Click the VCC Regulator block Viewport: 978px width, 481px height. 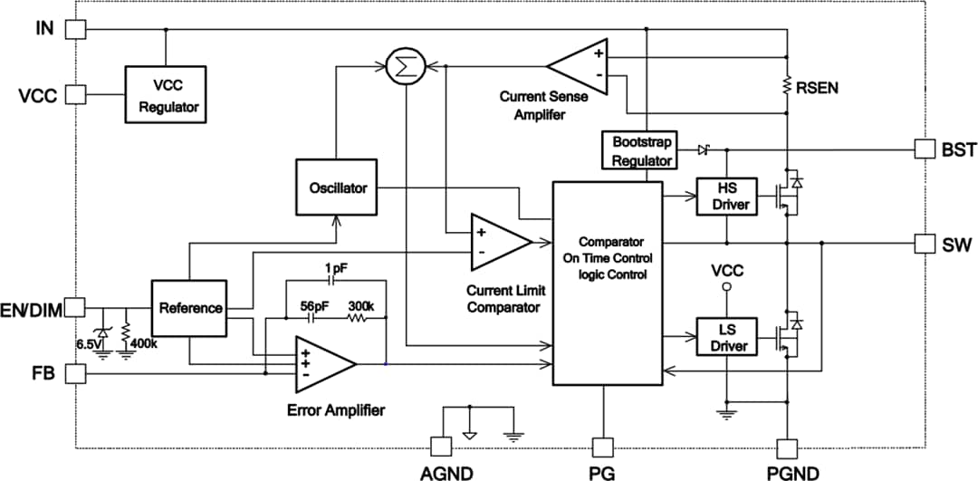(x=162, y=94)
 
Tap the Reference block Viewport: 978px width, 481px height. (x=190, y=307)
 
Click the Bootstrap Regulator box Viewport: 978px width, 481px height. (x=643, y=150)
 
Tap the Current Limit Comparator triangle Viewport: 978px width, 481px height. (x=498, y=243)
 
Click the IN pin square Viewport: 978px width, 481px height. (x=76, y=29)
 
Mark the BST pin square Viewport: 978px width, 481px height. (x=925, y=149)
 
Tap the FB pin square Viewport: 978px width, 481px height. (x=76, y=373)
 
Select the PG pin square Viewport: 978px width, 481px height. (x=603, y=447)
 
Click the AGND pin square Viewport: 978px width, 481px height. (x=440, y=447)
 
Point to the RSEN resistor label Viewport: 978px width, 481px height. (x=819, y=88)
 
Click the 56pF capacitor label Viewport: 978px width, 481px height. (x=314, y=305)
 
